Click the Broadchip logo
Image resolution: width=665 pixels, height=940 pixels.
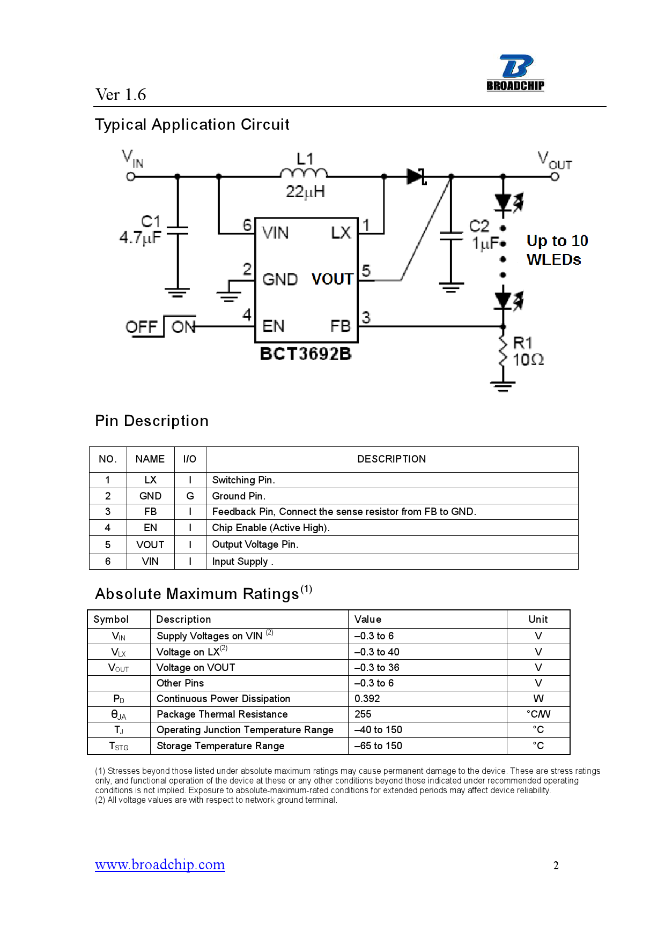coord(515,73)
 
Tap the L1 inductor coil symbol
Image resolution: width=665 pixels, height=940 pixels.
coord(304,173)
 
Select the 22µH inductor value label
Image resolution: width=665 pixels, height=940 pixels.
coord(305,192)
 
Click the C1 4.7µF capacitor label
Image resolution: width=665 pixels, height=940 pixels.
coord(141,229)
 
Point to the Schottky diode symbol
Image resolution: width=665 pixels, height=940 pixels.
coord(416,176)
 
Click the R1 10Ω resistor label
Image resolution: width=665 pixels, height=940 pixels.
coord(528,351)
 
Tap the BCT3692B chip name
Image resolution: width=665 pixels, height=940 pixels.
coord(306,354)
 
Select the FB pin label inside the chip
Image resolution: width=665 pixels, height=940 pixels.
coord(341,326)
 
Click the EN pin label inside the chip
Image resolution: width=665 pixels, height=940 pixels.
coord(274,326)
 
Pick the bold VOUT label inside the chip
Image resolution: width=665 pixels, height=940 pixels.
coord(332,279)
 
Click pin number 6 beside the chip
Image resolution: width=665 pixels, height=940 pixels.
coord(247,225)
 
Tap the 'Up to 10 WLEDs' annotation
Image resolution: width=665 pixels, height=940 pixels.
coord(557,250)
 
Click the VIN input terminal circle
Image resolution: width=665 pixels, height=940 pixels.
coord(130,176)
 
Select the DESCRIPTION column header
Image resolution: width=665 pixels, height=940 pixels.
coord(391,459)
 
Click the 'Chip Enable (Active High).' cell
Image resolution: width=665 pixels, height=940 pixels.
coord(271,528)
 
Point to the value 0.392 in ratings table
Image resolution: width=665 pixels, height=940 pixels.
coord(367,699)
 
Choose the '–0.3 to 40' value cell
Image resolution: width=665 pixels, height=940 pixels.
coord(377,652)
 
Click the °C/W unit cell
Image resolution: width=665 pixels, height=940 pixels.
coord(538,714)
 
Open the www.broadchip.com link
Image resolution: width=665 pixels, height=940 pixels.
coord(160,864)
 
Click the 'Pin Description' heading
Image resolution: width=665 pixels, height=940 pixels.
coord(152,421)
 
